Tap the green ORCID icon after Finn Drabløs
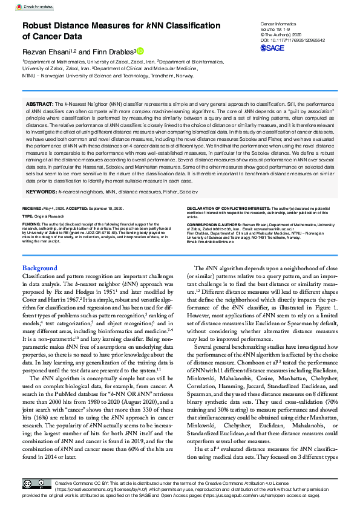(140, 51)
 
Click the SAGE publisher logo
(274, 47)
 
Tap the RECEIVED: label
(33, 207)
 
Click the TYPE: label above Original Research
(28, 215)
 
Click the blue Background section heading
(40, 268)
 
